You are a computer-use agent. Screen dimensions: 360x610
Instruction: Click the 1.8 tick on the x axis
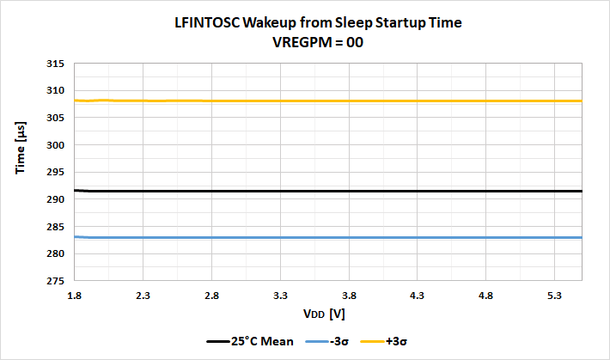(75, 295)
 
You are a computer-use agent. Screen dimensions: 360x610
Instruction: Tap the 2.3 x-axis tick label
(143, 295)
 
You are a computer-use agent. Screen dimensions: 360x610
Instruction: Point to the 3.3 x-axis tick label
(280, 295)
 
